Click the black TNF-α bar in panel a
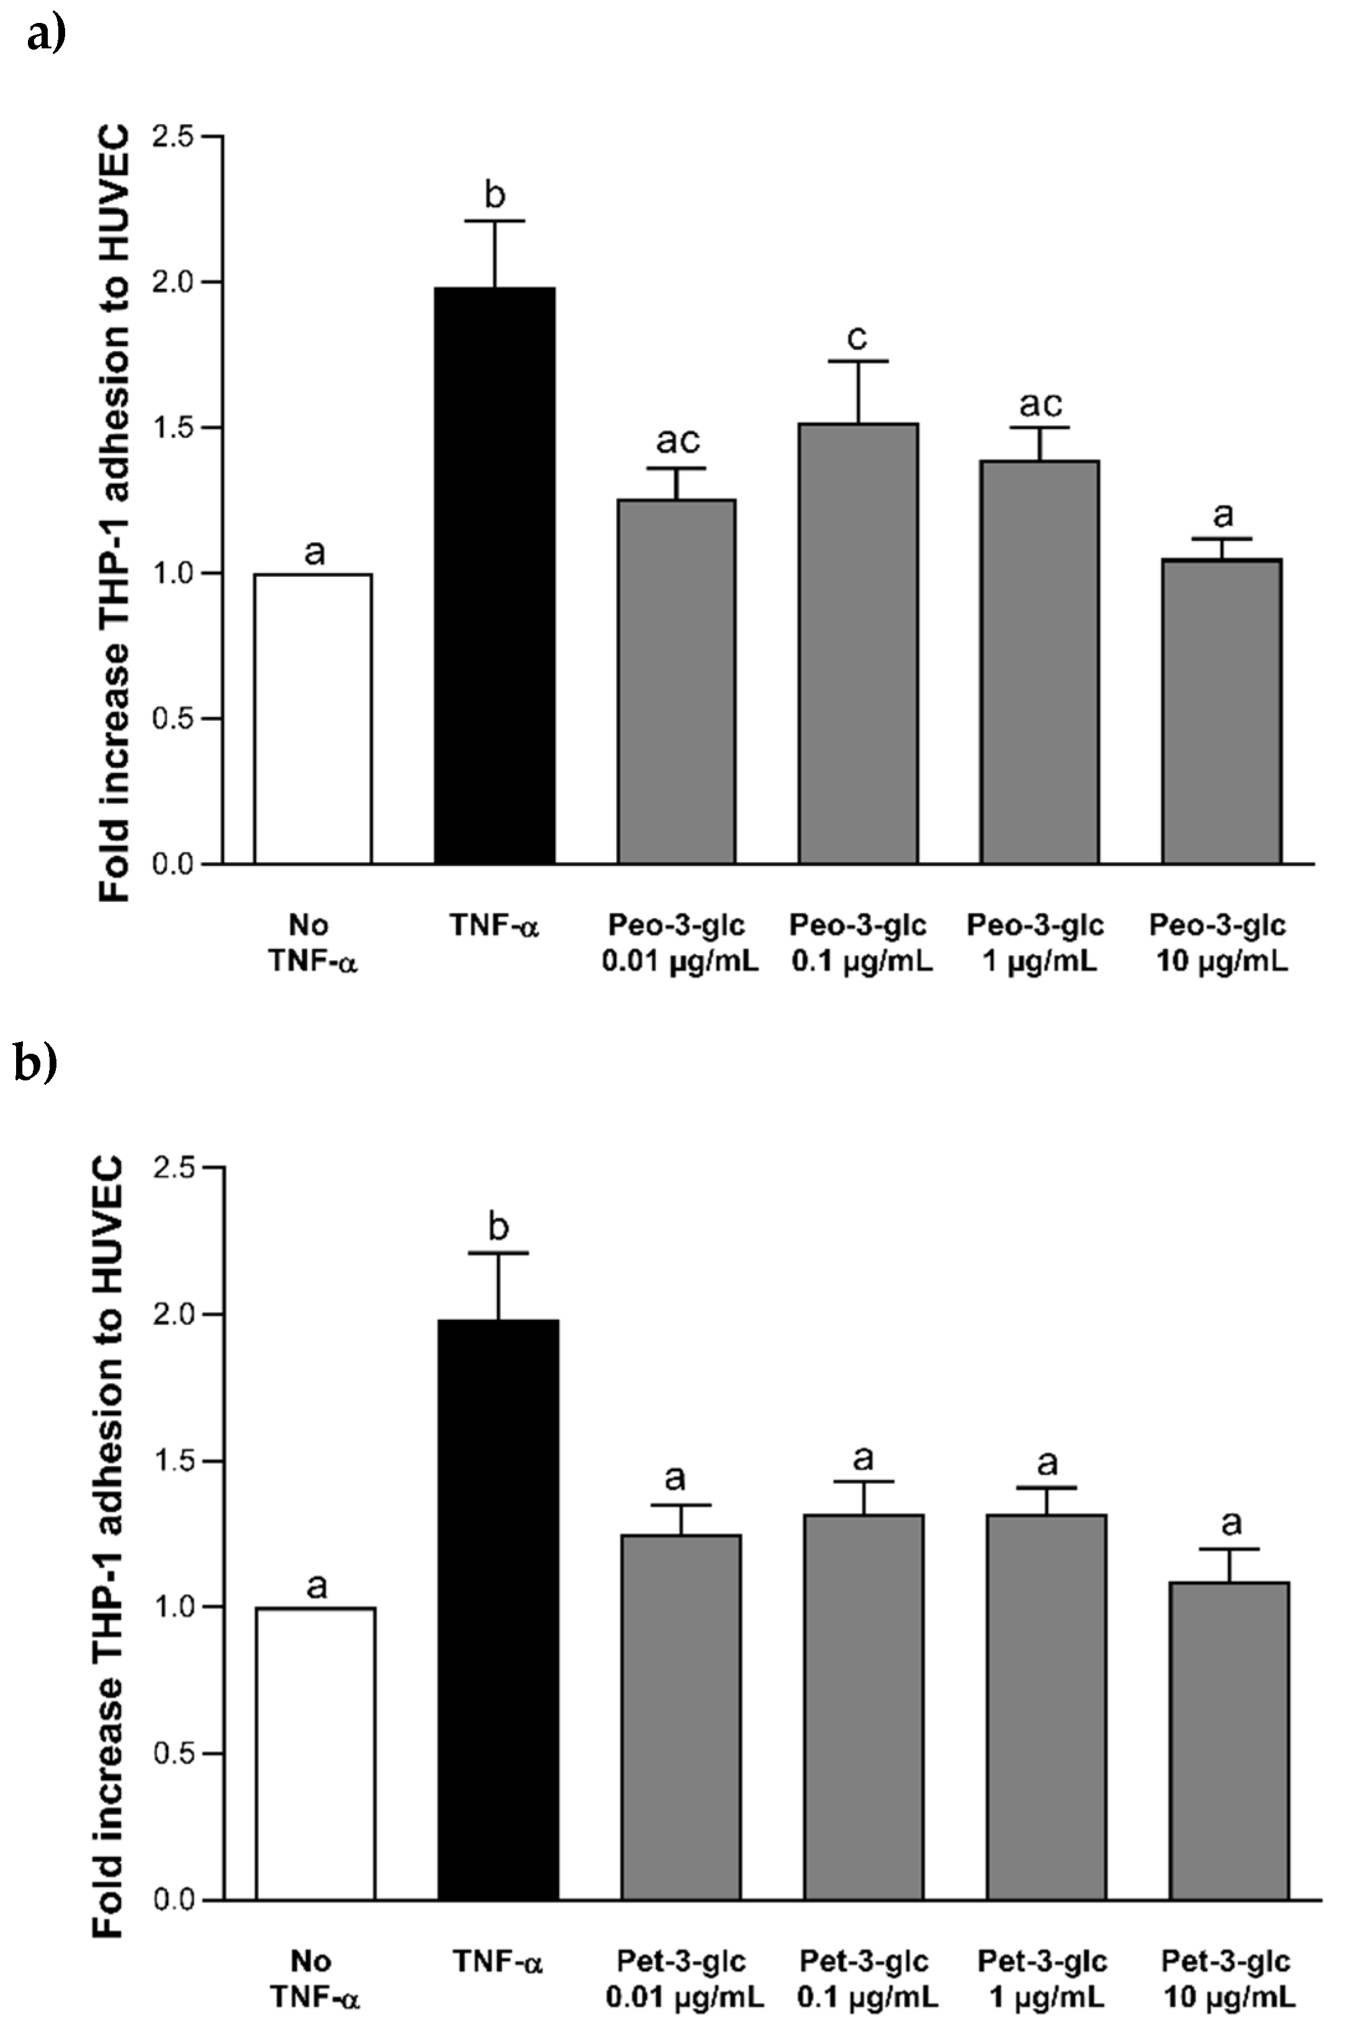pyautogui.click(x=494, y=576)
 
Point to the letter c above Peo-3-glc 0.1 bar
pyautogui.click(x=857, y=338)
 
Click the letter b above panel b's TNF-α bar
pyautogui.click(x=499, y=1227)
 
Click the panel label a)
pyautogui.click(x=47, y=37)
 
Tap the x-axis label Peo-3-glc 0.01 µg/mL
pyautogui.click(x=680, y=943)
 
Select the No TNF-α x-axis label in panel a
pyautogui.click(x=313, y=943)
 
